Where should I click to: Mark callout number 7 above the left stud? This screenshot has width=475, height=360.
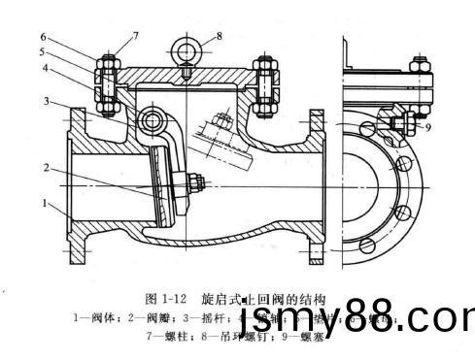[x=136, y=36]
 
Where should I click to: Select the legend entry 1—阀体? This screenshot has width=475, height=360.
[x=95, y=315]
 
